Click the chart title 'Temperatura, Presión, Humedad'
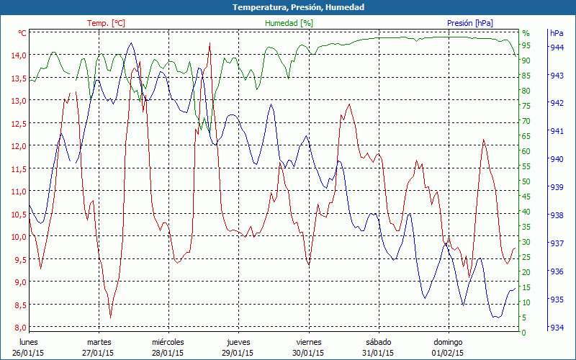click(x=288, y=7)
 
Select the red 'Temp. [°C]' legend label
click(x=106, y=23)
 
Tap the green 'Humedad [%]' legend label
click(x=289, y=23)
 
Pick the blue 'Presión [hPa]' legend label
click(x=469, y=23)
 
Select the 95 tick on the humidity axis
click(x=526, y=45)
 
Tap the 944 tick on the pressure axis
click(x=557, y=48)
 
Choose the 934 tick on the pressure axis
click(x=557, y=328)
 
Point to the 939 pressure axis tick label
click(x=557, y=187)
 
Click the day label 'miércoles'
click(x=168, y=342)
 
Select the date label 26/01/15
click(x=28, y=353)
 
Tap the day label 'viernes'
click(x=309, y=342)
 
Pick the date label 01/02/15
click(x=448, y=353)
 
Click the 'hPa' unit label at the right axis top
click(x=556, y=33)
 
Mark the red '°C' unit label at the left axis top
click(x=22, y=33)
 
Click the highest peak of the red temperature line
click(x=210, y=44)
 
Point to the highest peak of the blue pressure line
click(x=130, y=43)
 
